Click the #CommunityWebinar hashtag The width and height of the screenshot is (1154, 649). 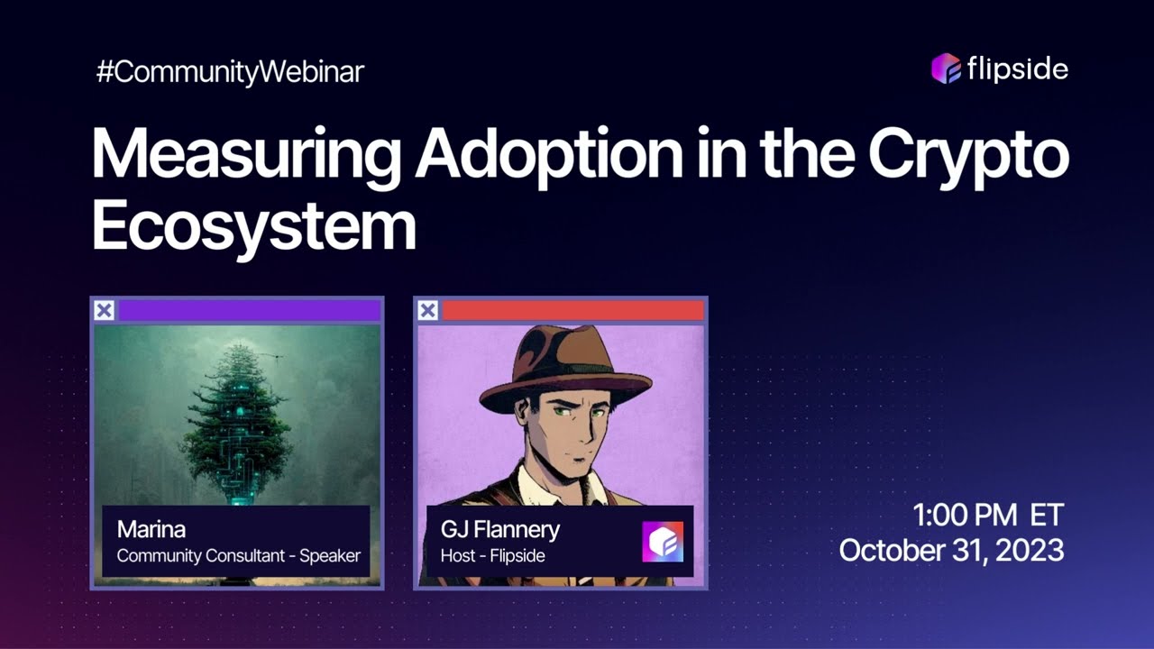pyautogui.click(x=230, y=72)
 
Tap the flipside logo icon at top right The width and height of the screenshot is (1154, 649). pyautogui.click(x=946, y=69)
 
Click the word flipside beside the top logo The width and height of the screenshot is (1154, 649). pyautogui.click(x=1017, y=69)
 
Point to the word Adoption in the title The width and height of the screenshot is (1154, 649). pyautogui.click(x=548, y=155)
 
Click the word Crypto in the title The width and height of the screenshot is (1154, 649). pyautogui.click(x=968, y=155)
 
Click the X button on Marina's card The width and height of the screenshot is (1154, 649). pyautogui.click(x=105, y=311)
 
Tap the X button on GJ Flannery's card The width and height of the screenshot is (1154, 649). pyautogui.click(x=428, y=311)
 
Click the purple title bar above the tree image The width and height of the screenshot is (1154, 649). pyautogui.click(x=249, y=311)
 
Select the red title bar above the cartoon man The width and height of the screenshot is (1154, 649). pyautogui.click(x=572, y=311)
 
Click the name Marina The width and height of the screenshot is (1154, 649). pyautogui.click(x=151, y=529)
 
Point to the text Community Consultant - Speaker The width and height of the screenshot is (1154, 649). pyautogui.click(x=238, y=556)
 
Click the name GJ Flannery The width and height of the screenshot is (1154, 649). pyautogui.click(x=499, y=529)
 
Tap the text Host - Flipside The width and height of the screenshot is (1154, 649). pyautogui.click(x=492, y=556)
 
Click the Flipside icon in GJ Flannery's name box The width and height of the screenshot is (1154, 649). pyautogui.click(x=663, y=542)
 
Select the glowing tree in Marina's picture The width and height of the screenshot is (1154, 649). pyautogui.click(x=237, y=415)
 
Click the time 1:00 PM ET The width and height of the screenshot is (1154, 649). pyautogui.click(x=988, y=516)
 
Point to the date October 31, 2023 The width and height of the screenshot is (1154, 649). pyautogui.click(x=951, y=550)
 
